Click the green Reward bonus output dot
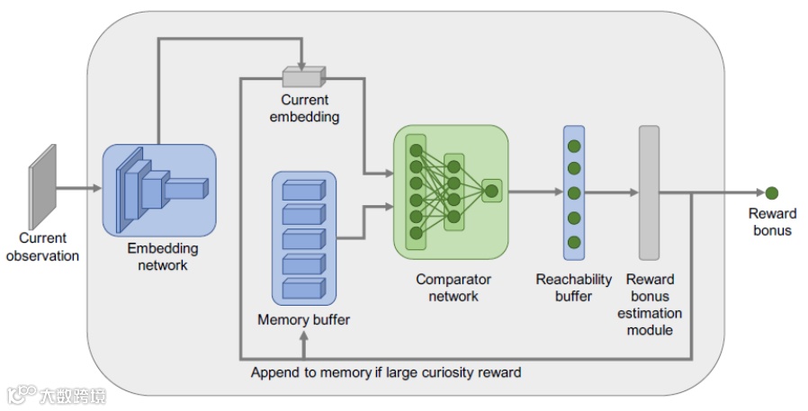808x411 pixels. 771,192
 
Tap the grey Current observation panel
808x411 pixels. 41,184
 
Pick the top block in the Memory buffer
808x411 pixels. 302,191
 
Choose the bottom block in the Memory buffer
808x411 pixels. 302,289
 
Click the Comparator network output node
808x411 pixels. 491,190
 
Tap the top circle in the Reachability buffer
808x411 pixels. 573,145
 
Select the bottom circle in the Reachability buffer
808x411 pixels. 573,242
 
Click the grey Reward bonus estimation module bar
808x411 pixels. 650,192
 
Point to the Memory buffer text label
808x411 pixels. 303,319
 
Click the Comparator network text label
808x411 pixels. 453,288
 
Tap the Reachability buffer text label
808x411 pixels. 573,288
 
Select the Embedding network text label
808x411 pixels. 162,256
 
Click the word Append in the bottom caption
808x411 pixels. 275,372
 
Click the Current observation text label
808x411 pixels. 43,246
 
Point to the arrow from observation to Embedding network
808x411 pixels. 80,189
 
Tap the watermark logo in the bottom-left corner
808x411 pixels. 22,395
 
